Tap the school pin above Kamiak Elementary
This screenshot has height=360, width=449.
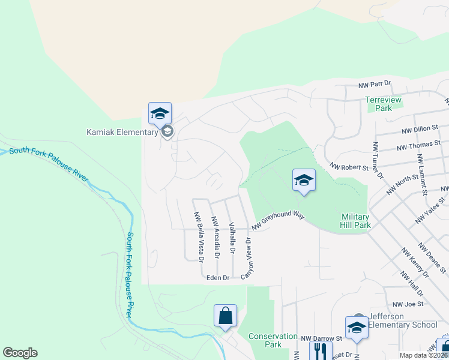[x=160, y=113]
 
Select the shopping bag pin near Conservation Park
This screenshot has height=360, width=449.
[x=225, y=316]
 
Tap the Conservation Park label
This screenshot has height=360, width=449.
[x=273, y=340]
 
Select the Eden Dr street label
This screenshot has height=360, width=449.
[x=218, y=278]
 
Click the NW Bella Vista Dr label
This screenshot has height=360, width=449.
[x=197, y=236]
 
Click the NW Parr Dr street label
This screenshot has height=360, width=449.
[x=375, y=84]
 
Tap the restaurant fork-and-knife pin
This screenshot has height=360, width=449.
[x=320, y=350]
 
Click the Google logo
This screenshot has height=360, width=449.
[x=20, y=353]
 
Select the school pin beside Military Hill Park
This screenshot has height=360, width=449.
[x=304, y=180]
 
